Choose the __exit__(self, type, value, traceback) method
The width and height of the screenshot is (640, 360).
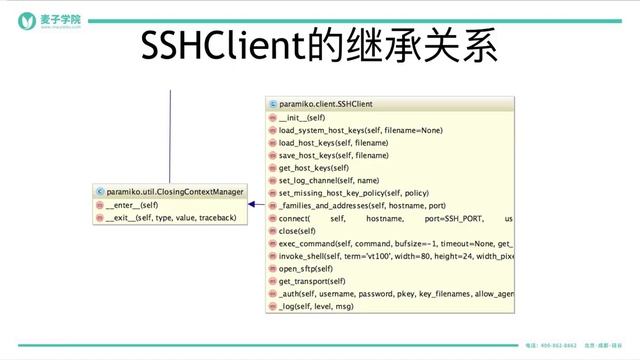point(170,217)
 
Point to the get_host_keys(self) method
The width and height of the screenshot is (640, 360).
point(312,168)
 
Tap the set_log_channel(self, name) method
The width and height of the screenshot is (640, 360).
point(328,180)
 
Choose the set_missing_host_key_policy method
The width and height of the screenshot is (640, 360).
point(353,193)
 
